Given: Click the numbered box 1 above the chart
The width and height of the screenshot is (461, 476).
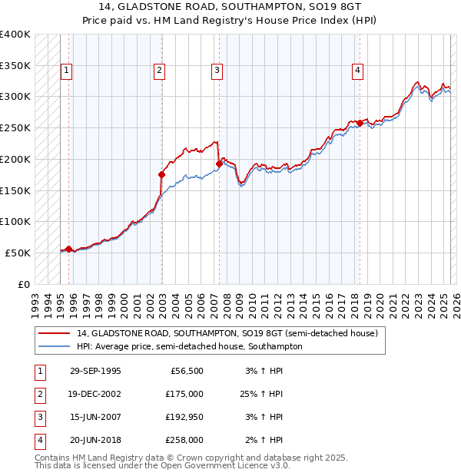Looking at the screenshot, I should tap(67, 71).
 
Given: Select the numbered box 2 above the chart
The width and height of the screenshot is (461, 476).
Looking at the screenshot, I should tap(159, 71).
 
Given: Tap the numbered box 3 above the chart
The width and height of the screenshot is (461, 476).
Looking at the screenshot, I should tap(217, 71).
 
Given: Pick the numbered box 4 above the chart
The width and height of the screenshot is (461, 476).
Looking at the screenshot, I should tap(358, 71).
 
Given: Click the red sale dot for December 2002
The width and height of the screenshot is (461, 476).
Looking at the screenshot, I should tap(162, 174).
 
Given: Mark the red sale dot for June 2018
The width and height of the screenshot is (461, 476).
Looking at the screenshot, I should tap(360, 123).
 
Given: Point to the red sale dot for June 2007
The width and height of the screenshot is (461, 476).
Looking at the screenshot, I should tap(220, 164).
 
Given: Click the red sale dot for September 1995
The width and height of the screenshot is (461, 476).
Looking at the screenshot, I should tap(69, 249).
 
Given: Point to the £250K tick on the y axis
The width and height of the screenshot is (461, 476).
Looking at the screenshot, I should tap(15, 127).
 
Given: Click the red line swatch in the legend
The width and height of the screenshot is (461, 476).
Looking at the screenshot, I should tap(54, 334).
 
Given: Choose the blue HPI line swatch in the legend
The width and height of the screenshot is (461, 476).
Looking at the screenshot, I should tap(54, 346).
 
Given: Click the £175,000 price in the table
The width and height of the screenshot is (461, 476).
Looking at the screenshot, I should tap(185, 394).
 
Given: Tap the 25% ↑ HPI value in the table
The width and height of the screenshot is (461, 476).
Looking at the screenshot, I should tap(260, 394).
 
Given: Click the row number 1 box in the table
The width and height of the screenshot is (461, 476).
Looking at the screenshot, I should tap(38, 371).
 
